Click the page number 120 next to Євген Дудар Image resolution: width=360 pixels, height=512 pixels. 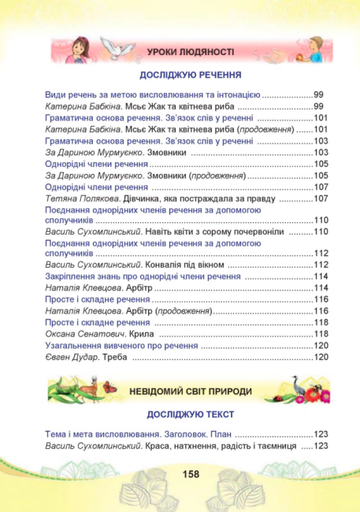(321, 358)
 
